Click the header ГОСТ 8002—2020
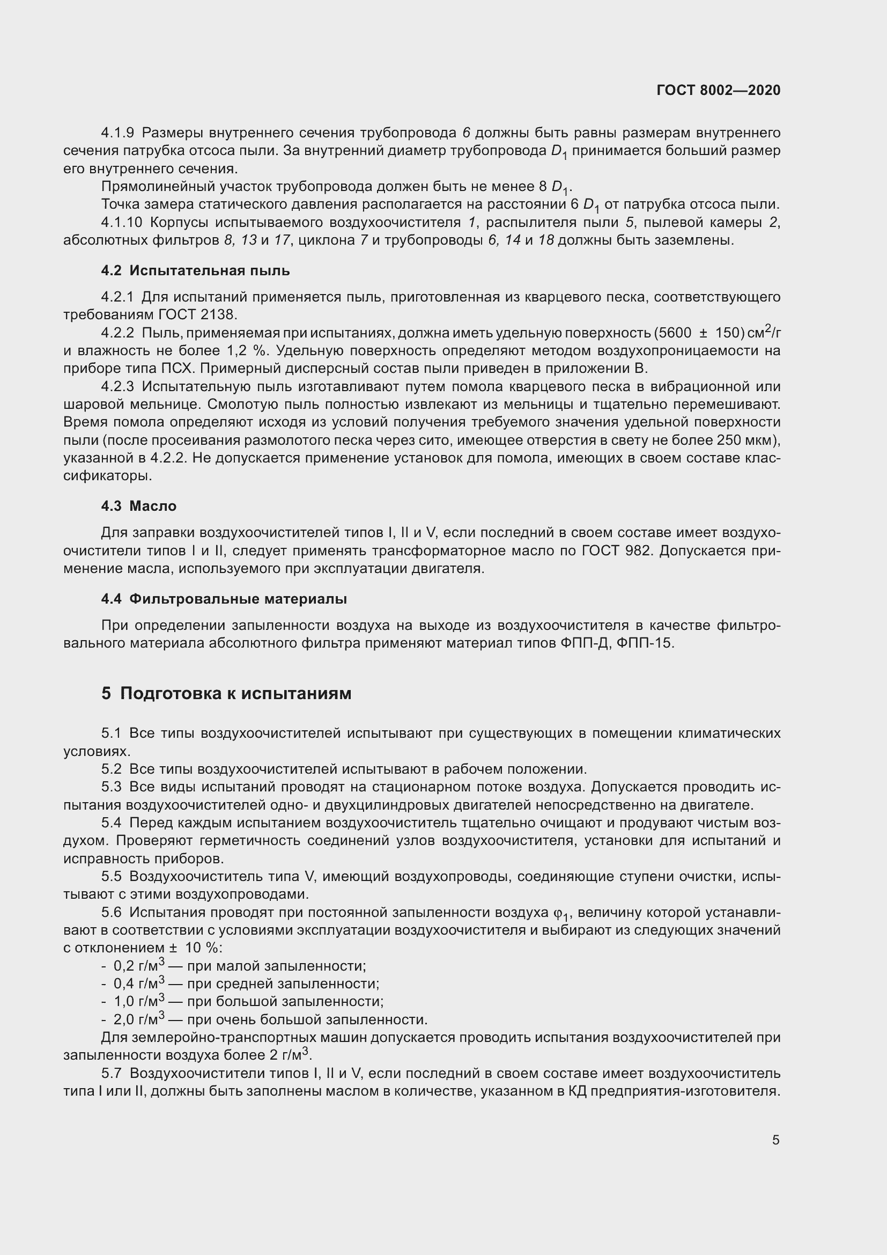pyautogui.click(x=718, y=90)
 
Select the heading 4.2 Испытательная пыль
pyautogui.click(x=195, y=271)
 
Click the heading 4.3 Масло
pyautogui.click(x=139, y=506)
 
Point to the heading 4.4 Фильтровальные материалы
pyautogui.click(x=224, y=599)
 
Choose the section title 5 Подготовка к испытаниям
pyautogui.click(x=226, y=694)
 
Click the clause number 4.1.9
pyautogui.click(x=117, y=133)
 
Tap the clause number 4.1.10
pyautogui.click(x=121, y=223)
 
